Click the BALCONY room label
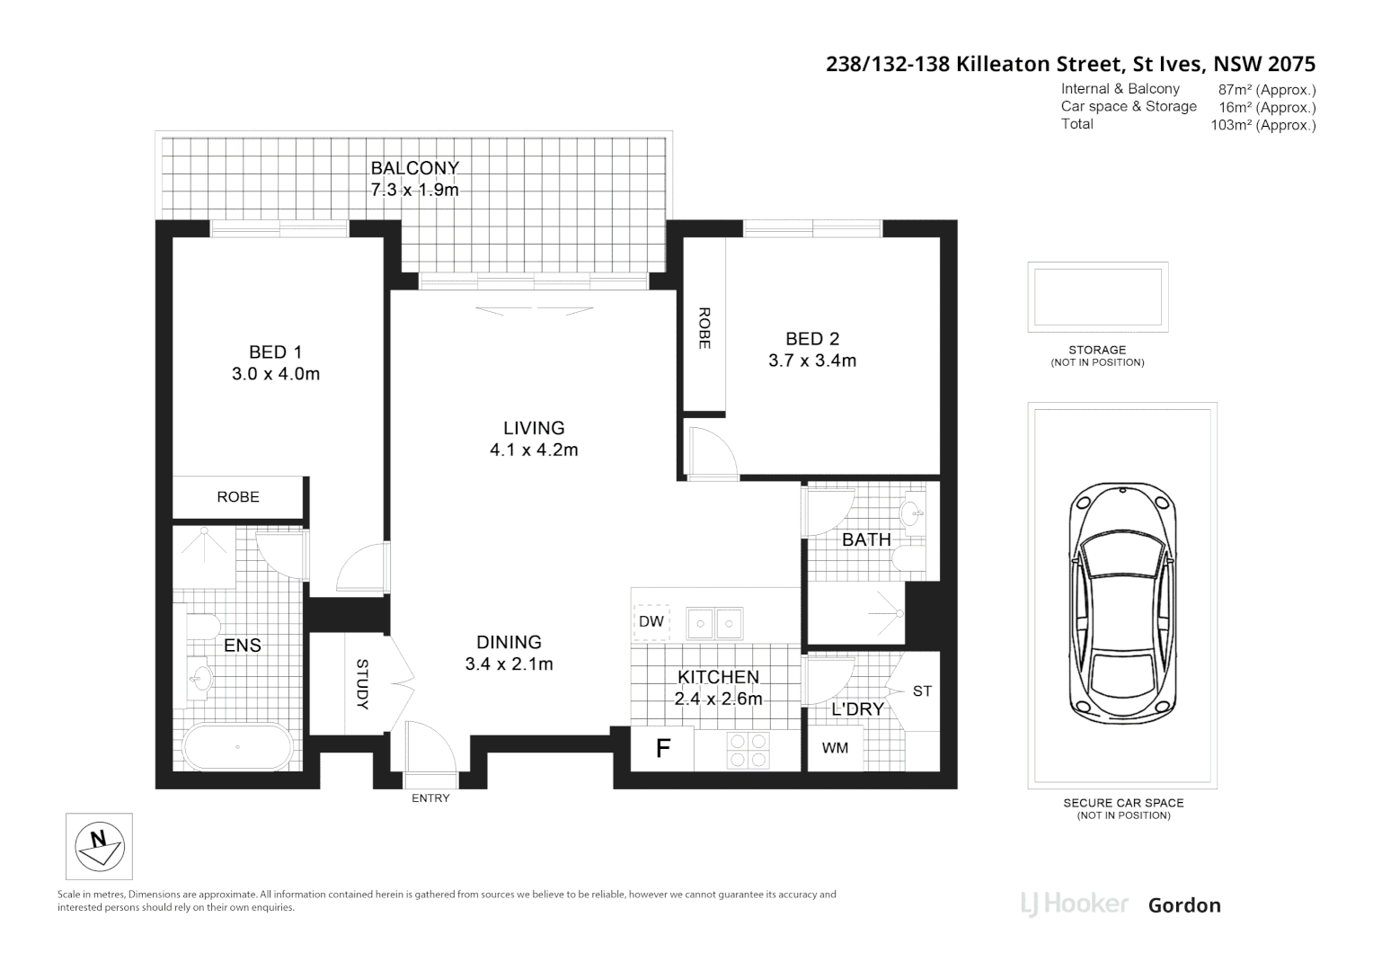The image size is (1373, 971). pos(414,167)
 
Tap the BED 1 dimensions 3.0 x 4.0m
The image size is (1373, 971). pos(275,374)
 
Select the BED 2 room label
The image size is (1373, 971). pos(811,339)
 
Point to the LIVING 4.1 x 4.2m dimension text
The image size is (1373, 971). pos(534,450)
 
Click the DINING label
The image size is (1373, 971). pos(509,642)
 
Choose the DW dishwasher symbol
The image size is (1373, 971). pos(651,621)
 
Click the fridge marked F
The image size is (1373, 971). pos(662,749)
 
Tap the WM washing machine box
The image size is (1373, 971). pos(835,748)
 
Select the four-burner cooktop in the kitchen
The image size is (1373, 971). pos(748,750)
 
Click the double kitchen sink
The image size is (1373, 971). pos(714,621)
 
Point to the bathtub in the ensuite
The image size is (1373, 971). pos(237,747)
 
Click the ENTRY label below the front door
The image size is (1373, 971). pos(430,798)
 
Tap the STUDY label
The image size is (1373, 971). pos(362,684)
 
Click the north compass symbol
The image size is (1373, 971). pos(99,846)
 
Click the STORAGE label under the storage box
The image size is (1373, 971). pos(1097,350)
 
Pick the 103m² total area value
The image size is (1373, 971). pos(1262,125)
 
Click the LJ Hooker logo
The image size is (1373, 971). pos(1074,904)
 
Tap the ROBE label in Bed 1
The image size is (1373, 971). pos(238,497)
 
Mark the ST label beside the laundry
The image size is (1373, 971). pos(922,690)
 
